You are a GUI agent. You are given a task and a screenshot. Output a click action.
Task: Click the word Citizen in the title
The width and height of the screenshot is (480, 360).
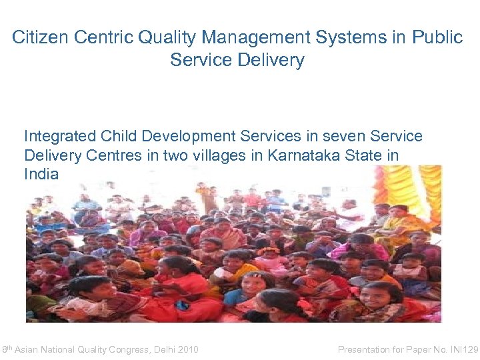pyautogui.click(x=39, y=38)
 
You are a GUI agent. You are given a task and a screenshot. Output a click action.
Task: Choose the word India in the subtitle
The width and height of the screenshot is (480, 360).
pyautogui.click(x=41, y=175)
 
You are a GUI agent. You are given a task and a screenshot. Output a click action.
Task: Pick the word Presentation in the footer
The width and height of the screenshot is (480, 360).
pyautogui.click(x=365, y=349)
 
